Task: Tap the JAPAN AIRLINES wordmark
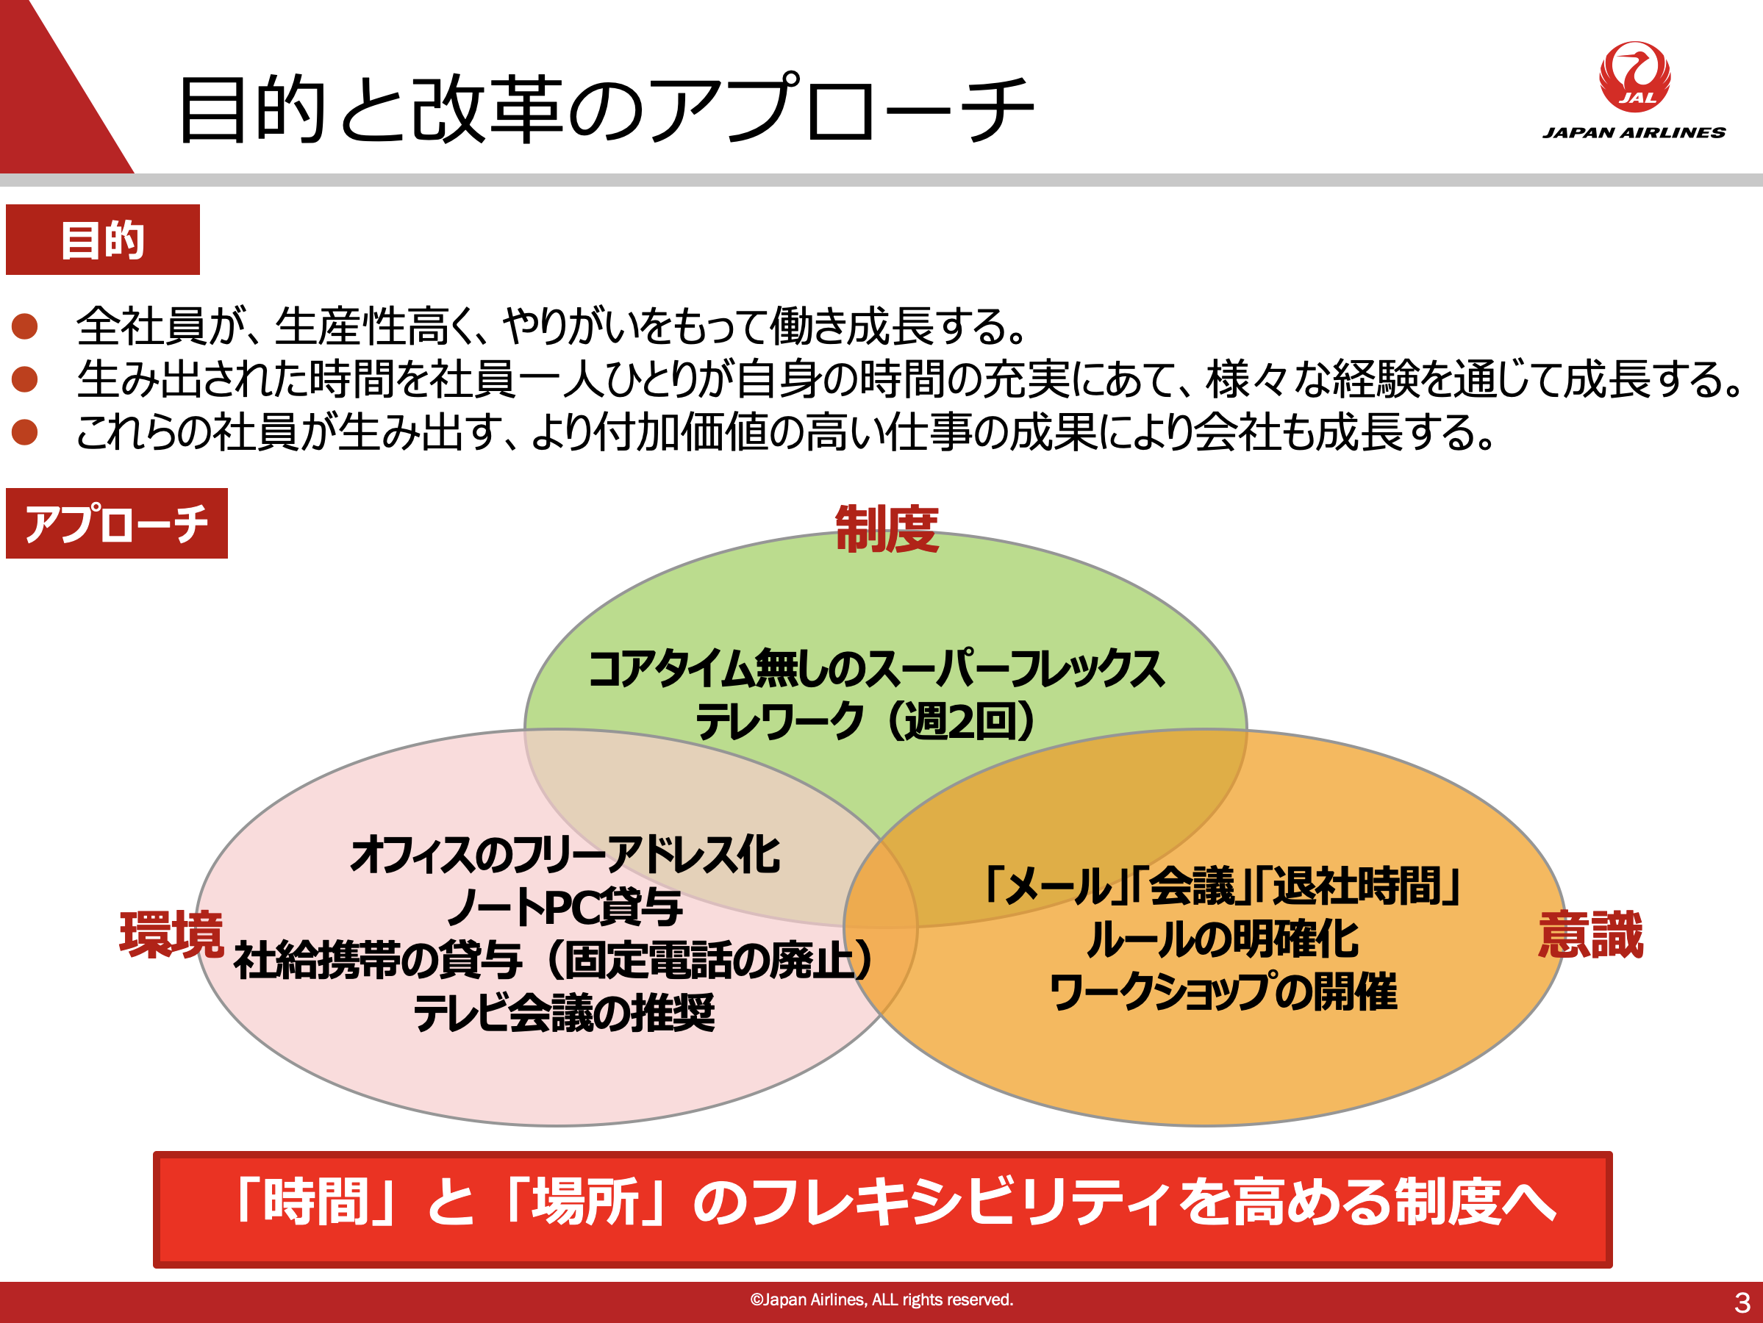coord(1634,133)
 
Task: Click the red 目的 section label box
coord(103,240)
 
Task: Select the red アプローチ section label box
coord(116,523)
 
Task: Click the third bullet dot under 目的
coord(25,432)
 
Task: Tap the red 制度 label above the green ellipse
coord(887,528)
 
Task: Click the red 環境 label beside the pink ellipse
coord(171,934)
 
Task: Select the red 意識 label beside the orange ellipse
coord(1591,934)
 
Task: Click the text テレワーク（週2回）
coord(865,721)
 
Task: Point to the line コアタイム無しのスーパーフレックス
coord(876,669)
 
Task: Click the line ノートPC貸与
coord(565,908)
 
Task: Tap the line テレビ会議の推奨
coord(565,1014)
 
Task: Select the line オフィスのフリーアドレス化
coord(565,855)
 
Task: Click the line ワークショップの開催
coord(1223,992)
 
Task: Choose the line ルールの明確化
coord(1223,939)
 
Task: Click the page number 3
coord(1742,1303)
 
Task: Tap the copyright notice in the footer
coord(881,1300)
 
